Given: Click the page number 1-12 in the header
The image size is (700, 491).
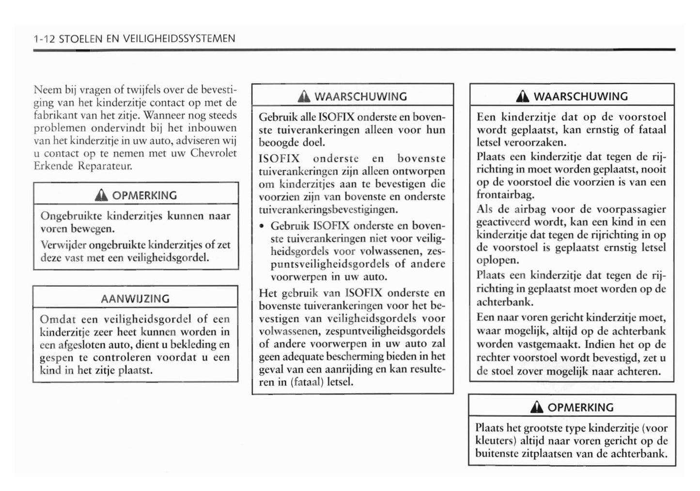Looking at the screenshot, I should point(44,39).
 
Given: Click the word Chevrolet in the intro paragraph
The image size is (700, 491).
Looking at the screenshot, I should point(213,153).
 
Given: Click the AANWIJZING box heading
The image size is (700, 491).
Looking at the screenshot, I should point(135,299).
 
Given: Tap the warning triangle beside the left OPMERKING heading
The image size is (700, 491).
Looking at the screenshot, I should point(101,195).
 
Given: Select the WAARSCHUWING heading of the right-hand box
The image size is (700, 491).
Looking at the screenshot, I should point(580,96).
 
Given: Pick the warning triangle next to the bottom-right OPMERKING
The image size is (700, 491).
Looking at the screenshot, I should point(537,408).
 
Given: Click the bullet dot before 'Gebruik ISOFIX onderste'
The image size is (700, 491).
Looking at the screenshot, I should point(262,226).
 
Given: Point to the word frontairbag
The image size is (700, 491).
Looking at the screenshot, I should point(505,195).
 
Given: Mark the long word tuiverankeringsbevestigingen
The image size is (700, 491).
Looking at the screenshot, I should point(328,209).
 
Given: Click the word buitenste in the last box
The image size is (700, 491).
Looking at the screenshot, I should point(498,454).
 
